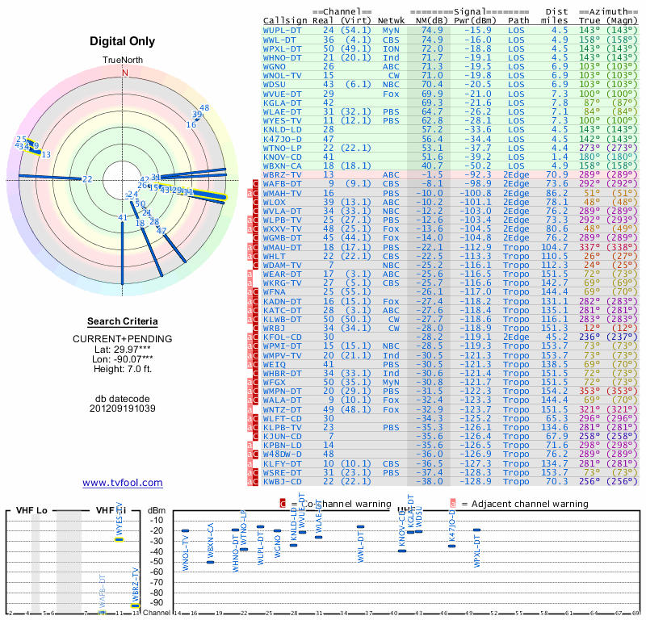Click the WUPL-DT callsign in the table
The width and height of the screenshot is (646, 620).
pos(283,30)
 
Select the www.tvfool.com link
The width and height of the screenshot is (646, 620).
pos(123,483)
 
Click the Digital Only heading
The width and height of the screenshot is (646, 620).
pos(123,41)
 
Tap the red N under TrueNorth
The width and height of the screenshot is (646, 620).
pos(124,72)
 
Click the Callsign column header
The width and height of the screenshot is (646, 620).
pos(284,20)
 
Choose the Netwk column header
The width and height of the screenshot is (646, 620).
pos(392,20)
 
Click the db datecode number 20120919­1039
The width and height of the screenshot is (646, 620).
pos(123,408)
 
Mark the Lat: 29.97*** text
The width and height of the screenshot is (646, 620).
pos(123,348)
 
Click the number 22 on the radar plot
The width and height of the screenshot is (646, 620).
pos(87,179)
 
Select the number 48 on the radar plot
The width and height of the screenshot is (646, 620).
pos(204,108)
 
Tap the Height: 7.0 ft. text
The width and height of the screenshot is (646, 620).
pos(123,369)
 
